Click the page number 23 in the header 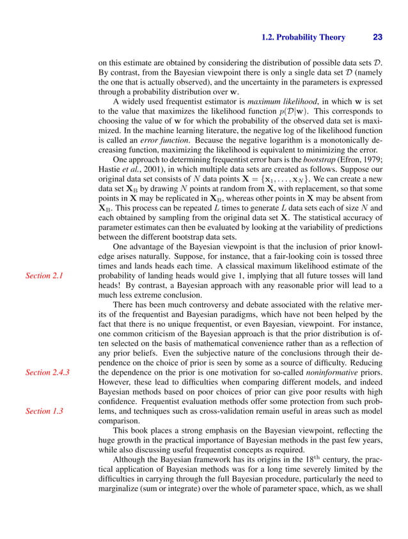click(x=377, y=37)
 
